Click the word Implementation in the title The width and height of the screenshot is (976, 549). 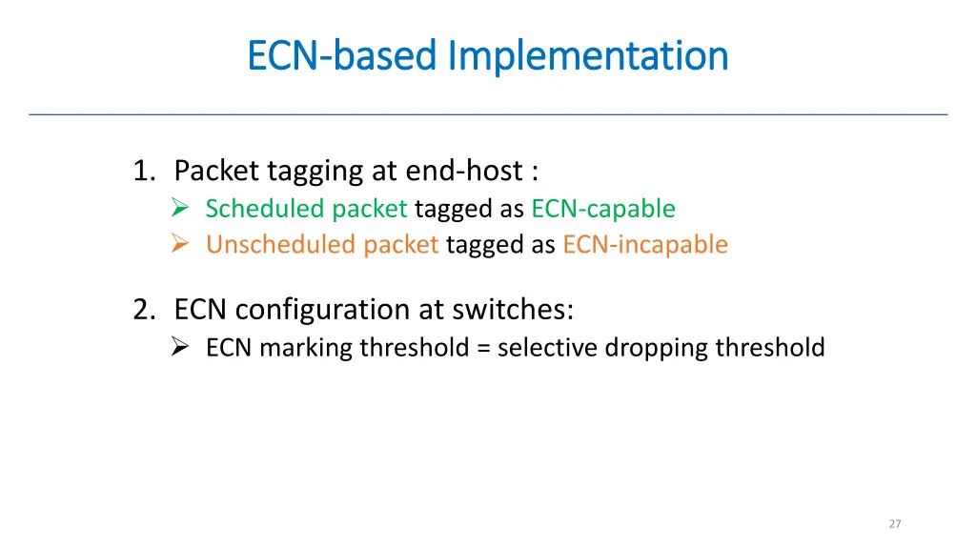click(588, 56)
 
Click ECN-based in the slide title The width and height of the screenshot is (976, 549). click(342, 56)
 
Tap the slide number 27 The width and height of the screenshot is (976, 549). click(894, 524)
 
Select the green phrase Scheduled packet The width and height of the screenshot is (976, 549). click(306, 209)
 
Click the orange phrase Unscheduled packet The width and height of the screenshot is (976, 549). click(322, 245)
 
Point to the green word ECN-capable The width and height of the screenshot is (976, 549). click(603, 209)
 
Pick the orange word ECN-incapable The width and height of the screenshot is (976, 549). click(645, 245)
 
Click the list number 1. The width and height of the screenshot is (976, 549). click(143, 172)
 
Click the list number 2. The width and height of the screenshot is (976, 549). click(143, 310)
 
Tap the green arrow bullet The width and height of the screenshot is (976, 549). click(181, 209)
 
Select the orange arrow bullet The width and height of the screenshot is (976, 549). click(181, 245)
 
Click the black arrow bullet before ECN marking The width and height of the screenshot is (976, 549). click(181, 348)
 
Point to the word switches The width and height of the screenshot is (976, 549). click(517, 310)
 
